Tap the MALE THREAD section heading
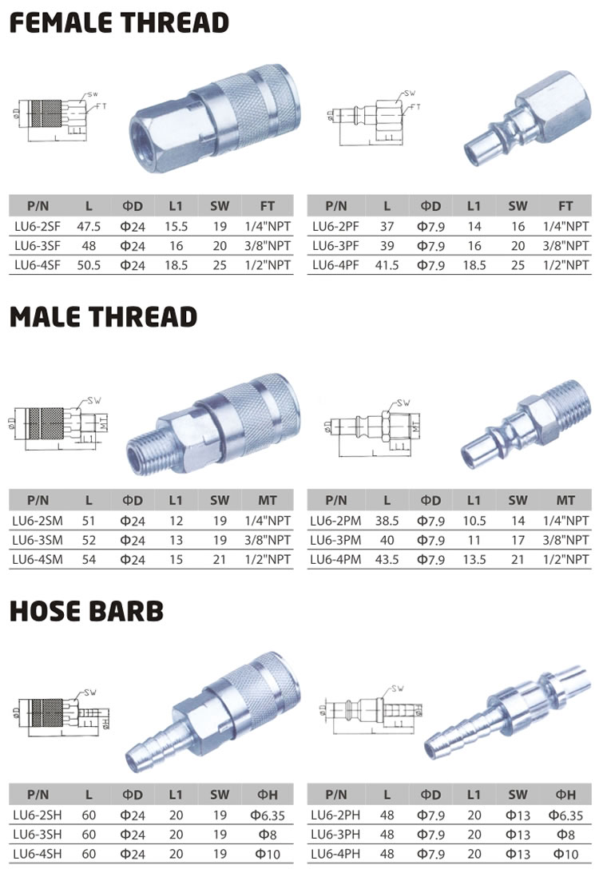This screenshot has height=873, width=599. point(103,317)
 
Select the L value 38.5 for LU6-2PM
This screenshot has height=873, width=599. point(387,521)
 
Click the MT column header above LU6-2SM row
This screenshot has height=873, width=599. point(269,501)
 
